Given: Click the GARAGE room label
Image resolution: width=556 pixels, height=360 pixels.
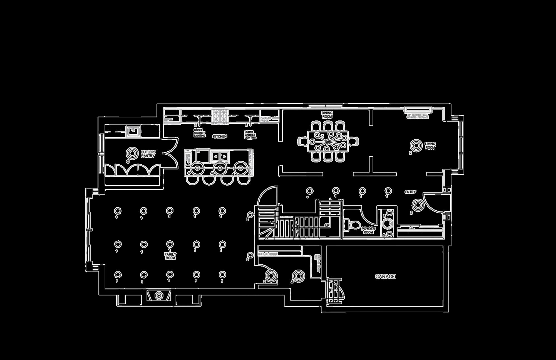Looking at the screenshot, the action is pyautogui.click(x=385, y=277).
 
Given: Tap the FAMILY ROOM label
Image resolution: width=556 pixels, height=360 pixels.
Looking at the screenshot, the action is pyautogui.click(x=170, y=256).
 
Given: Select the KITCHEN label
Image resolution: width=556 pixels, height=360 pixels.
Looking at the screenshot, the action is pyautogui.click(x=220, y=136).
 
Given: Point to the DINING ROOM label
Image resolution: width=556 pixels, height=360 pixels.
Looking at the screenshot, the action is pyautogui.click(x=327, y=115).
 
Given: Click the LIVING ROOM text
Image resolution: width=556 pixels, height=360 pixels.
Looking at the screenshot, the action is pyautogui.click(x=430, y=146).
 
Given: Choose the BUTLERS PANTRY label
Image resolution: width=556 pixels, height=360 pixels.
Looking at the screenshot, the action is pyautogui.click(x=148, y=154).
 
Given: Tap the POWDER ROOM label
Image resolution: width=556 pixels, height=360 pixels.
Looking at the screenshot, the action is pyautogui.click(x=368, y=230).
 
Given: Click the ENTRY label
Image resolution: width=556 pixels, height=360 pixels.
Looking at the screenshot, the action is pyautogui.click(x=410, y=192).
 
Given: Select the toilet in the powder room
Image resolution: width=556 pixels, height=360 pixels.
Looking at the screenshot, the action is pyautogui.click(x=352, y=225).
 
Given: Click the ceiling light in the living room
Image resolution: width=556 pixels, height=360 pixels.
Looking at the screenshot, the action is pyautogui.click(x=416, y=145).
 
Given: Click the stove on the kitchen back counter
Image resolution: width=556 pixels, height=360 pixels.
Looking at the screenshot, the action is pyautogui.click(x=220, y=116).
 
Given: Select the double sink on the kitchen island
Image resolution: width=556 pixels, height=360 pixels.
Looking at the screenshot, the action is pyautogui.click(x=220, y=157).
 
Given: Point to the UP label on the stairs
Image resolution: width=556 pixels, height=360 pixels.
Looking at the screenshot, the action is pyautogui.click(x=327, y=225).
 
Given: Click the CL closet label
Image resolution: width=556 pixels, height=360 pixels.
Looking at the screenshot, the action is pyautogui.click(x=411, y=228).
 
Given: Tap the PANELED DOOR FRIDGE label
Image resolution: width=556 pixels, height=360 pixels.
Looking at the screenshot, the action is pyautogui.click(x=269, y=119).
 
